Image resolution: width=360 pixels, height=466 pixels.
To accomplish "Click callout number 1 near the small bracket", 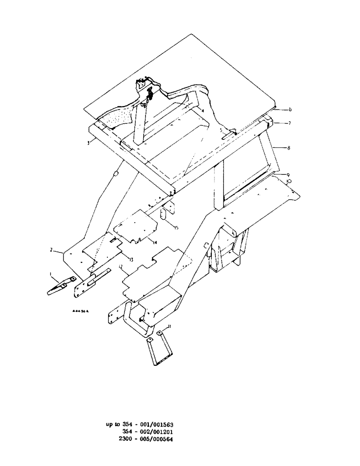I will (x=51, y=274).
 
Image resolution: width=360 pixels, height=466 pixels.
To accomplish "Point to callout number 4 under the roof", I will (x=189, y=106).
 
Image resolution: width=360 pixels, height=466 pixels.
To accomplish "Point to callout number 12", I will (x=120, y=267).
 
